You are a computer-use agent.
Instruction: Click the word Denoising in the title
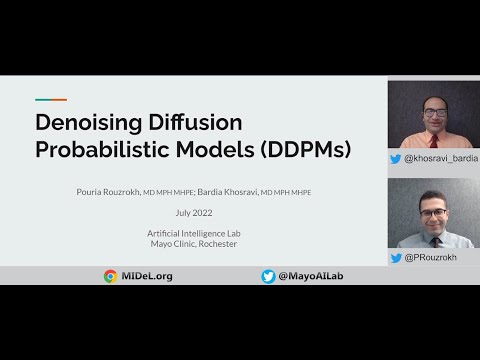[x=84, y=124]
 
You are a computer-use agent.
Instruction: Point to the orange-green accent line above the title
[x=51, y=100]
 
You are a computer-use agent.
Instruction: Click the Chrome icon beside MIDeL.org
[x=110, y=276]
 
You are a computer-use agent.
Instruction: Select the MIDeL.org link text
[x=145, y=276]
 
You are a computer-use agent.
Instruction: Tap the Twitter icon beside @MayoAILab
[x=268, y=276]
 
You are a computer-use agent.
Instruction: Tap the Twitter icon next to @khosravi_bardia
[x=395, y=158]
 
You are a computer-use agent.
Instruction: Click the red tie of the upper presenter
[x=431, y=139]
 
